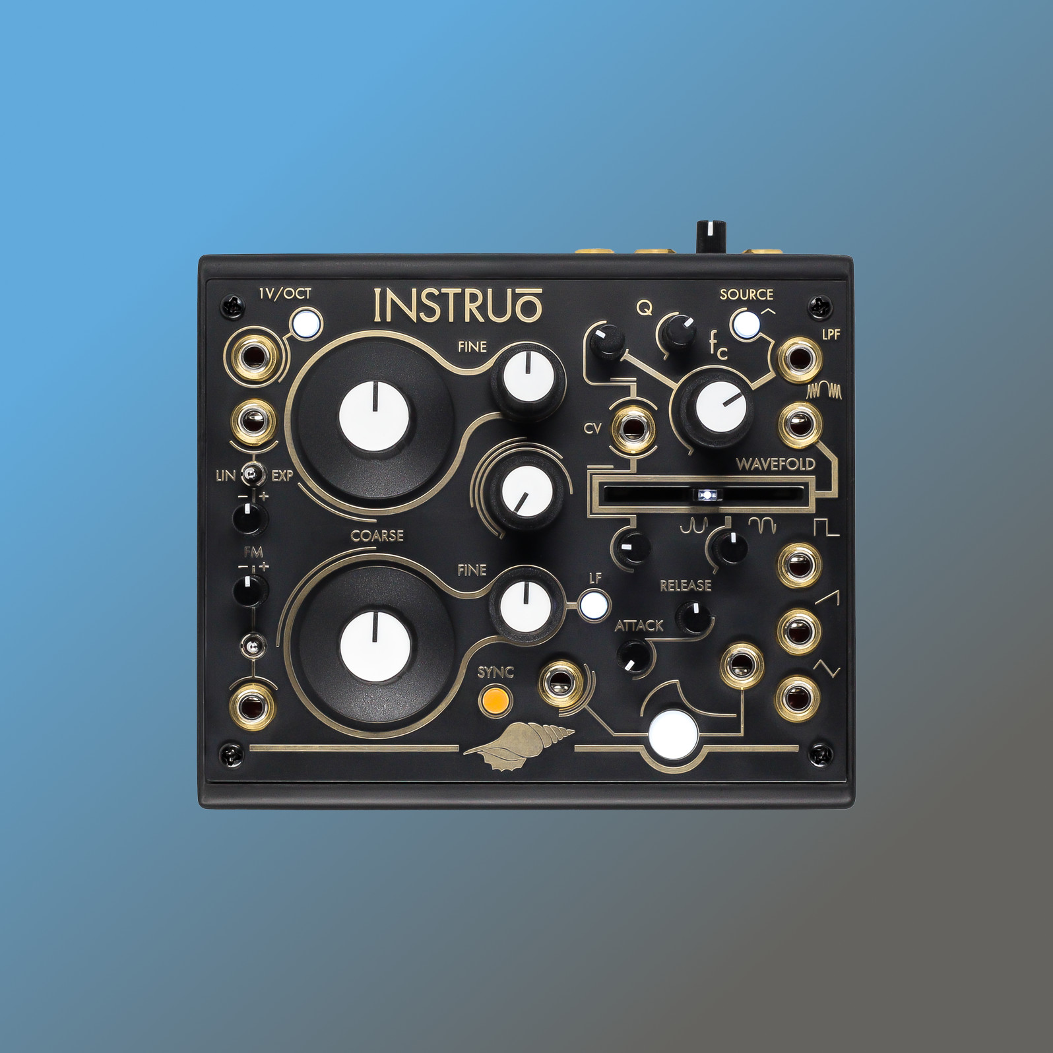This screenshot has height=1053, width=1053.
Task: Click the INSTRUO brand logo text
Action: coord(458,305)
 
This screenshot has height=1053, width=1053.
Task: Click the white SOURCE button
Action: coord(746,324)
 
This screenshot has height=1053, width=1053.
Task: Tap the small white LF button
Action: coord(593,605)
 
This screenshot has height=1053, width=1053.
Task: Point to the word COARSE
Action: coord(377,536)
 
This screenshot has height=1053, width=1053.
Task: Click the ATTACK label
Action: coord(639,625)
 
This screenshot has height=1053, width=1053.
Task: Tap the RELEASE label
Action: coord(686,585)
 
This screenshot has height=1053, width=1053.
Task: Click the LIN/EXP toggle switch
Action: coord(251,473)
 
